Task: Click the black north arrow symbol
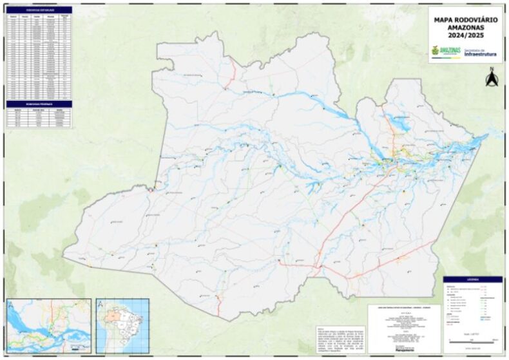[491, 79]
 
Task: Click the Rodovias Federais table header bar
[39, 103]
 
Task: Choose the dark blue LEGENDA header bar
[472, 279]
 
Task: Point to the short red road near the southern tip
[218, 299]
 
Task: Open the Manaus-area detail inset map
[49, 325]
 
